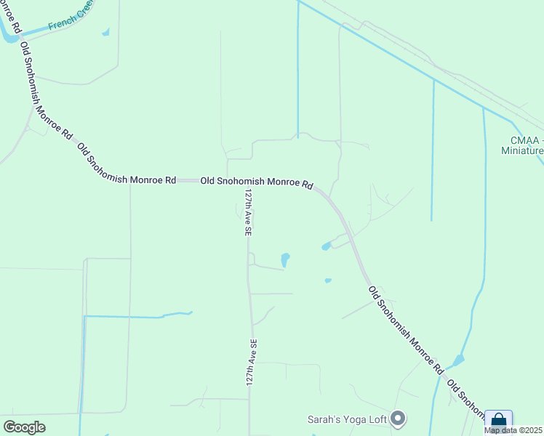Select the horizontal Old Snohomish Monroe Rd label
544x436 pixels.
pyautogui.click(x=256, y=181)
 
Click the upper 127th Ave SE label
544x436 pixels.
pyautogui.click(x=248, y=212)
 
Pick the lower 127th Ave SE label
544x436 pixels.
pyautogui.click(x=252, y=362)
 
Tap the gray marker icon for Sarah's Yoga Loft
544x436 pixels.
pyautogui.click(x=398, y=418)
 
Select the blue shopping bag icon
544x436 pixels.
pyautogui.click(x=498, y=421)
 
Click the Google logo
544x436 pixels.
pyautogui.click(x=24, y=427)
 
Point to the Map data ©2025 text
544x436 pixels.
pyautogui.click(x=513, y=430)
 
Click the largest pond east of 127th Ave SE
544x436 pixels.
pyautogui.click(x=285, y=259)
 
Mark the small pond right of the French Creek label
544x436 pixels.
pyautogui.click(x=106, y=32)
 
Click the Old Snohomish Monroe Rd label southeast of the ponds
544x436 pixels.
pyautogui.click(x=405, y=328)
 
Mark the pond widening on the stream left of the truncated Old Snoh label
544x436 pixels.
pyautogui.click(x=458, y=360)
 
